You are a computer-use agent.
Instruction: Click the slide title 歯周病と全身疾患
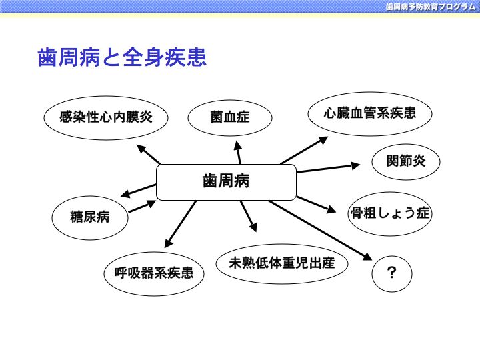(122, 57)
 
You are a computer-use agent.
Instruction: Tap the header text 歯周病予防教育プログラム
(431, 7)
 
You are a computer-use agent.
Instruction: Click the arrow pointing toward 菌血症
(238, 152)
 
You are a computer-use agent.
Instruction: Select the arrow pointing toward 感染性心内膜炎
(148, 154)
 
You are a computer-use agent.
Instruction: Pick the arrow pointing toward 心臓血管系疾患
(304, 150)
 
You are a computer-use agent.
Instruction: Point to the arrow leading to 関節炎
(328, 168)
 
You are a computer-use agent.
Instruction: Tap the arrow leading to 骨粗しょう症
(316, 205)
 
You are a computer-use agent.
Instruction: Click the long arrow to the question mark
(320, 230)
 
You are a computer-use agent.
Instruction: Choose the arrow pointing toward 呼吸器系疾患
(180, 224)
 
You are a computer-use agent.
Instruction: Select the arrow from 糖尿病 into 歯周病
(143, 206)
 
